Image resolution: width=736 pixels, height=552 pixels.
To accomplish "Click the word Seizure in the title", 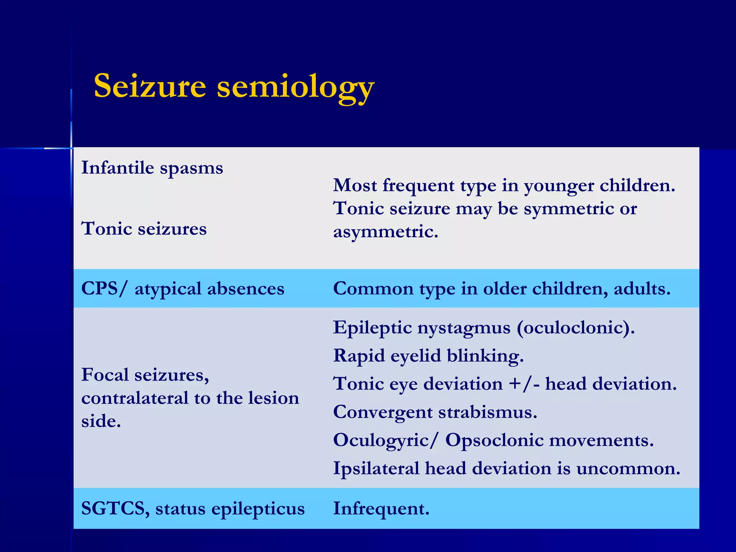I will coord(150,86).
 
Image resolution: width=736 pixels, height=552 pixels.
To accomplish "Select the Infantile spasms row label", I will coord(152,168).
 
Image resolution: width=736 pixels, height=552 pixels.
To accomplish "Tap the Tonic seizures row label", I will coord(144,229).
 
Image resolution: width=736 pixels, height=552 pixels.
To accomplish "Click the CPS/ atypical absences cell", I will coord(183,289).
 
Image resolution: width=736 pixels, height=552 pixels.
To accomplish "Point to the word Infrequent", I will coord(381,509).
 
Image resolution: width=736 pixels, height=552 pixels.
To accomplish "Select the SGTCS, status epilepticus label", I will coord(193,509).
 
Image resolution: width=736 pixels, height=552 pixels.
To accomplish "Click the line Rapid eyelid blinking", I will coord(428,356).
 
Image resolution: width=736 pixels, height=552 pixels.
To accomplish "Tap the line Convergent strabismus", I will coord(435,412).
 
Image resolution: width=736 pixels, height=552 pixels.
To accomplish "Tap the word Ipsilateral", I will coord(376,469).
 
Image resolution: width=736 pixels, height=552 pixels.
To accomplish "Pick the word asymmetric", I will coord(386,232).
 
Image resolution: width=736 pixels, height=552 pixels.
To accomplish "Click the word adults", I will coord(642,289).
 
